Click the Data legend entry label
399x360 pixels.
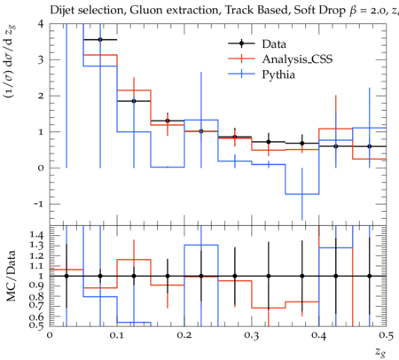click(274, 44)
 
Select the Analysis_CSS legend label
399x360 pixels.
click(297, 59)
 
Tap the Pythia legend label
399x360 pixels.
click(278, 74)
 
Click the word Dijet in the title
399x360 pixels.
click(62, 10)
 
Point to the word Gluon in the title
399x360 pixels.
click(143, 10)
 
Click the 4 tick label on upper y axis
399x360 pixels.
click(41, 24)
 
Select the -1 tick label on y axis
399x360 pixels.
click(38, 204)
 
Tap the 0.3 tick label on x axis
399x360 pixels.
click(252, 335)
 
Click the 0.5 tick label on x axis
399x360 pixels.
click(386, 335)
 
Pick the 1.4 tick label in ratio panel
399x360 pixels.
click(36, 235)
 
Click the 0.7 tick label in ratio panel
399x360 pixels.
click(36, 305)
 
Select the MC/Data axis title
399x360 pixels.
click(12, 276)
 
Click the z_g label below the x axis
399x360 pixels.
click(379, 352)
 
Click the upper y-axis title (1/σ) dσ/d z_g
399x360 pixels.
click(12, 61)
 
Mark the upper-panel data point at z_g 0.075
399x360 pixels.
click(100, 40)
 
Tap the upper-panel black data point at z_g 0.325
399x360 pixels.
click(269, 142)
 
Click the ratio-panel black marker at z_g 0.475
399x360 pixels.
click(369, 276)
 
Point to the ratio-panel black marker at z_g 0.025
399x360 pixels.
click(66, 276)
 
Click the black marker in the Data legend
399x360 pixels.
click(241, 43)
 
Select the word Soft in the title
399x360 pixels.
click(305, 10)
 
